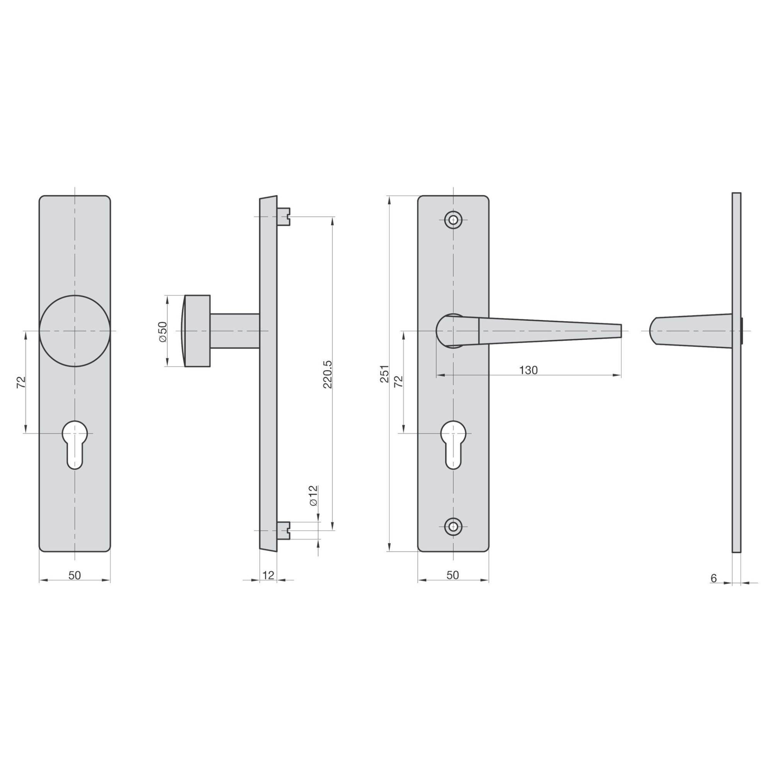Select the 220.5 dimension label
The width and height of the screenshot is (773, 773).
(328, 374)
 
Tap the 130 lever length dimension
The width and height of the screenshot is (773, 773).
(528, 370)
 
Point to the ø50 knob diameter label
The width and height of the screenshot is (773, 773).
(162, 331)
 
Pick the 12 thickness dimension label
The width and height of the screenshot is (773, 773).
(269, 575)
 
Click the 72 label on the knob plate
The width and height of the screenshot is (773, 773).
(22, 382)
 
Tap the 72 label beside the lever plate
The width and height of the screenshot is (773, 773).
(398, 382)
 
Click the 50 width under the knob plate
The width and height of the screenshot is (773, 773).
(75, 575)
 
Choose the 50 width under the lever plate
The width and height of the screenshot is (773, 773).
(453, 575)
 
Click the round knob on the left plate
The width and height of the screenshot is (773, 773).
(75, 331)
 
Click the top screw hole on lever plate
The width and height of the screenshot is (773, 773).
(453, 219)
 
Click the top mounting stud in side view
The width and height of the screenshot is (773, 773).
(284, 216)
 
